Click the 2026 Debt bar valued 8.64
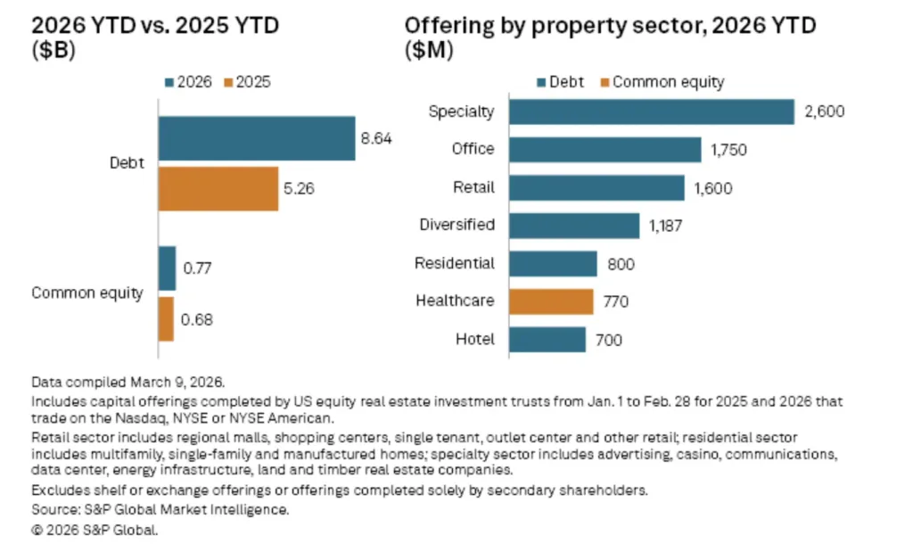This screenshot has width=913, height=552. click(257, 138)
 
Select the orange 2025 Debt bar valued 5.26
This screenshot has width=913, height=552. click(218, 189)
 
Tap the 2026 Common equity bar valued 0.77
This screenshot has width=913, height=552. click(168, 268)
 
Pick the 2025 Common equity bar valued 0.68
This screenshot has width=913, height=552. click(167, 318)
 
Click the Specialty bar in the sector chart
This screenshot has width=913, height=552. click(651, 111)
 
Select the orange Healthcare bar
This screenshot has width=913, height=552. click(551, 301)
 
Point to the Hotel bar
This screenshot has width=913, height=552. click(547, 339)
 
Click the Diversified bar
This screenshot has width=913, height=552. click(574, 226)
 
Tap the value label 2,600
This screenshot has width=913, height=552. click(823, 112)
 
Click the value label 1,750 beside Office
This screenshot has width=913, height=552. click(729, 151)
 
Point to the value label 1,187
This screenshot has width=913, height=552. click(666, 227)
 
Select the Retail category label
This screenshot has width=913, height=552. click(473, 187)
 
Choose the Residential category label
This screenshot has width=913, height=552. click(454, 263)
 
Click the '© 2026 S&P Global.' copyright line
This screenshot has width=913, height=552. click(95, 530)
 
